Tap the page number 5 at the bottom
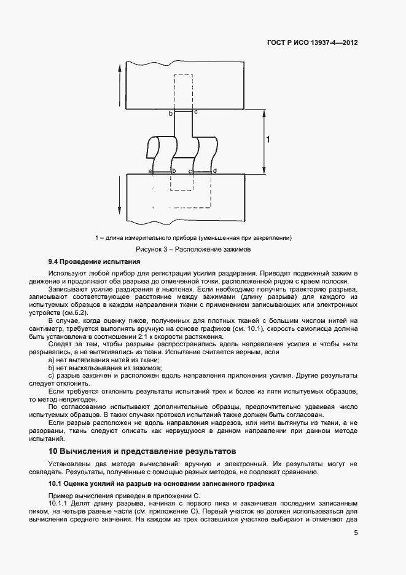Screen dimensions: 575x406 (356, 534)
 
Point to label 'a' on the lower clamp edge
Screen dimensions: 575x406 (150, 170)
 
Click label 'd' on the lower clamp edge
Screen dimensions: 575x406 (214, 170)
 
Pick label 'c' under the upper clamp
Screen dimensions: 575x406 (195, 113)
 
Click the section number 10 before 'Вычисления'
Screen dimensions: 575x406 (53, 451)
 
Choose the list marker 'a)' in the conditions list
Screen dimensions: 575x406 (52, 360)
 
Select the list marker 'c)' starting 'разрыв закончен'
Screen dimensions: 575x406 (51, 375)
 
